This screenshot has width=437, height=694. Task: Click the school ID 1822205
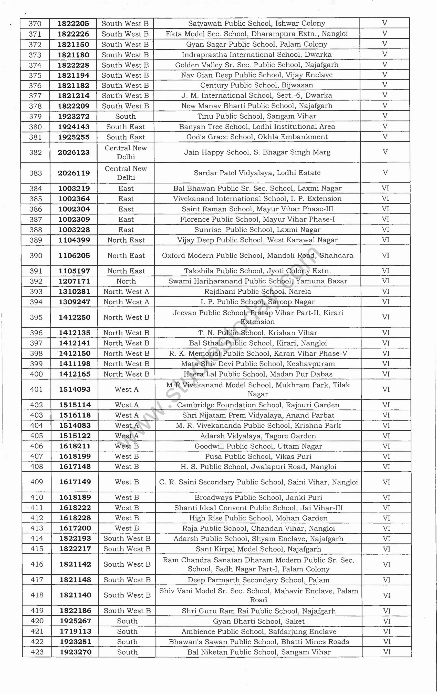coord(73,24)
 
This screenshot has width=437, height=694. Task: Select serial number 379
coord(35,116)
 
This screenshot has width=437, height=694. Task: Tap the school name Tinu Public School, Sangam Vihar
coord(257,116)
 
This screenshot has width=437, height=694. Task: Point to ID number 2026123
coord(74,152)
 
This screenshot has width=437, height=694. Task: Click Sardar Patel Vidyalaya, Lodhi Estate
coord(257,173)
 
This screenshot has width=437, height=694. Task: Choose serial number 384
coord(36,189)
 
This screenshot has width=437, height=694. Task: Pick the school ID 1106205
coord(74,256)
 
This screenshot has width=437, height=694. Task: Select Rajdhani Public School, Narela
coord(257,291)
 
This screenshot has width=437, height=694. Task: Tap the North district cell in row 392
coord(126,281)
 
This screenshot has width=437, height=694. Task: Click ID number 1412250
coord(75,317)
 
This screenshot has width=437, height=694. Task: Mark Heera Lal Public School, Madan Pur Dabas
coord(258,374)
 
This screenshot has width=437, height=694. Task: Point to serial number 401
coord(36,389)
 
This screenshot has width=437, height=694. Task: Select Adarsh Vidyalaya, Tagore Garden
coord(258,436)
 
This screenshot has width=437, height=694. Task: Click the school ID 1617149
coord(75,482)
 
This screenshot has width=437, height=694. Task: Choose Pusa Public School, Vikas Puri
coord(258,457)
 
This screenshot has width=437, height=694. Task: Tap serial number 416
coord(37,564)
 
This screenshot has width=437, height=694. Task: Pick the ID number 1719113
coord(76,631)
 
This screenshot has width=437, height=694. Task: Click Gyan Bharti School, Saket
coord(258,621)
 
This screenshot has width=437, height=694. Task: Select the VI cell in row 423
coord(387,652)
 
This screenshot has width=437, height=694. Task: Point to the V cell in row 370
coord(384,23)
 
